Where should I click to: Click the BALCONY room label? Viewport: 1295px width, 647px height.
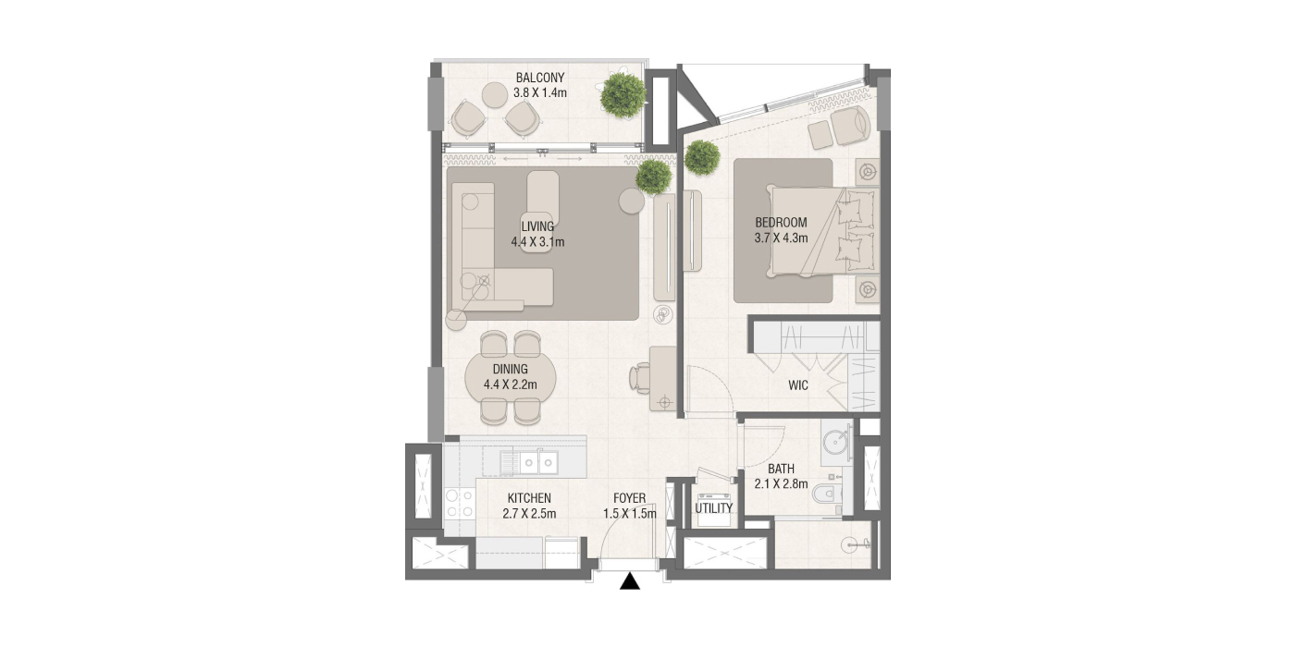(x=540, y=78)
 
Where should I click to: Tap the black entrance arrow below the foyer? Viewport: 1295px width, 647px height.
(x=630, y=581)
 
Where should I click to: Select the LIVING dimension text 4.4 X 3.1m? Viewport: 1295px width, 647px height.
(x=537, y=242)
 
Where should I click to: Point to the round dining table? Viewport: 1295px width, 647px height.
(x=511, y=378)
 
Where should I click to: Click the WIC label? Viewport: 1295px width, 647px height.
(x=797, y=385)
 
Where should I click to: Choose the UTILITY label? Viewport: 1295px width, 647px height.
(x=713, y=508)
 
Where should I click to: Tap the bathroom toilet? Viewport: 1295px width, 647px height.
(x=826, y=494)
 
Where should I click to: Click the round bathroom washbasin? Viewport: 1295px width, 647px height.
(x=836, y=444)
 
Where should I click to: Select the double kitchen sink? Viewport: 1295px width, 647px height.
(x=133, y=462)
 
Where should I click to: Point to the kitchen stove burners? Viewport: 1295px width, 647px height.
(x=460, y=503)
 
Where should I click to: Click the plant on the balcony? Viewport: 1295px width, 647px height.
(x=622, y=94)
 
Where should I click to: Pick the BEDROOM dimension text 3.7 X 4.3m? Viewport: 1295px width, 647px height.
(x=781, y=238)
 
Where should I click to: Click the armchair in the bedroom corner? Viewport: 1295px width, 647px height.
(x=850, y=126)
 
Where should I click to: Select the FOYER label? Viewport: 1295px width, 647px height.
(x=630, y=498)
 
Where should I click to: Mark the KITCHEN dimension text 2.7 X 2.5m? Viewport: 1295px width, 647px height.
(x=529, y=514)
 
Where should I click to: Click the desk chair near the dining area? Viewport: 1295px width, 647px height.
(x=639, y=378)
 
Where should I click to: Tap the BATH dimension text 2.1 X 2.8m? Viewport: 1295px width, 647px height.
(x=781, y=484)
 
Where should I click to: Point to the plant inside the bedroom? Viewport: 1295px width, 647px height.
(x=702, y=156)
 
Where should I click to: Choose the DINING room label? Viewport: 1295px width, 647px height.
(x=511, y=369)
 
